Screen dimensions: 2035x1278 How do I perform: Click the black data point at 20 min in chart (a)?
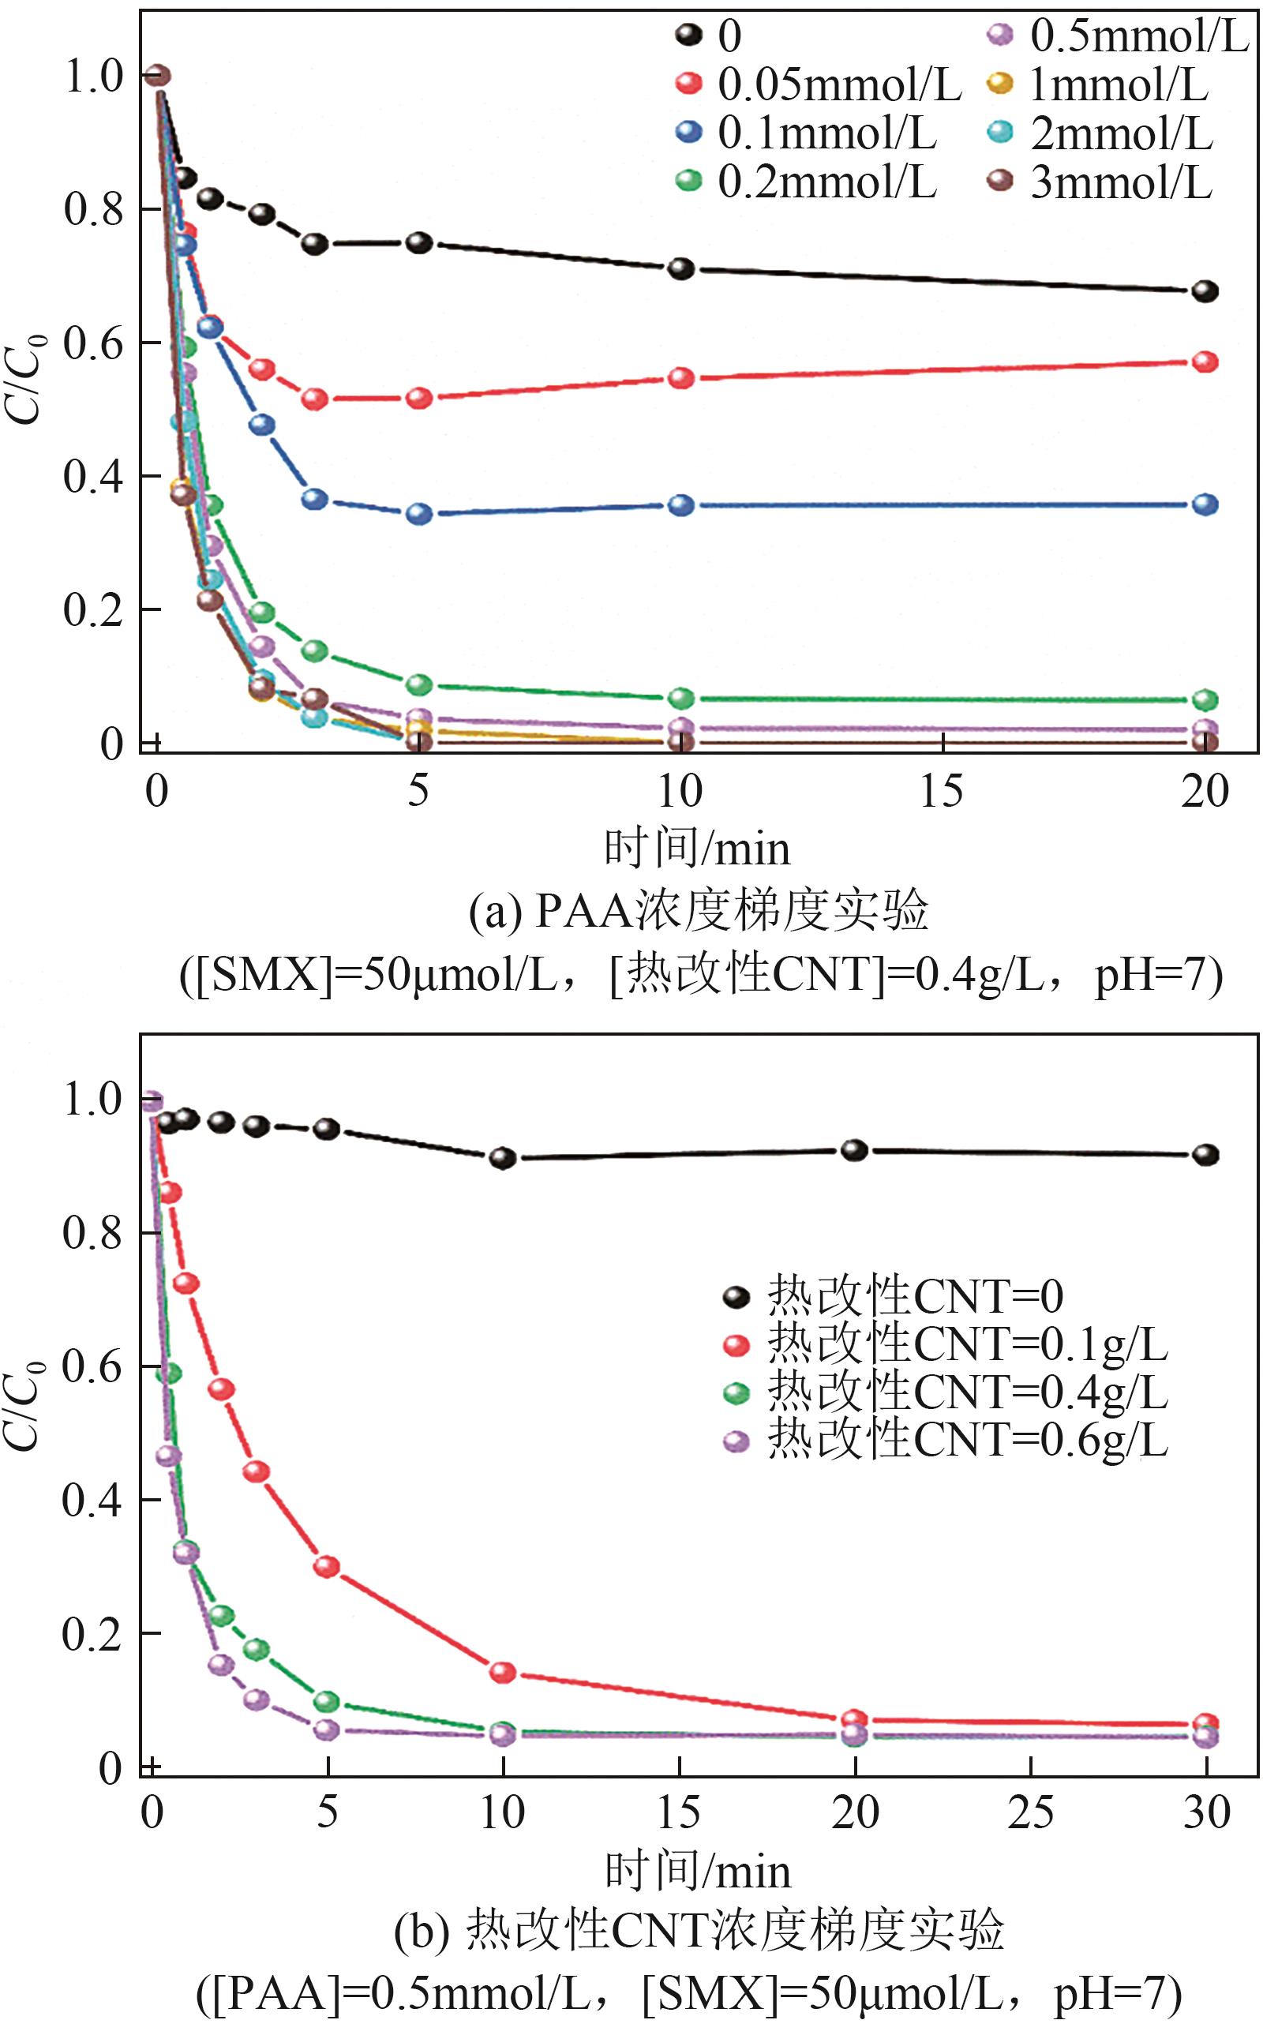pos(1205,291)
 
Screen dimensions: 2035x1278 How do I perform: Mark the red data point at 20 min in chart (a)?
pos(1205,362)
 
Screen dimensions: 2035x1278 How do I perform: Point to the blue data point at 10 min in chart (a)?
pos(681,505)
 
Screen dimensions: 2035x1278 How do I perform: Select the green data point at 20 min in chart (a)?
pos(1205,699)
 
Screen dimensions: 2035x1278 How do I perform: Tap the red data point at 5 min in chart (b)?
pos(327,1567)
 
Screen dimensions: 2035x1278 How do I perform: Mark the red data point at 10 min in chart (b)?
pos(503,1673)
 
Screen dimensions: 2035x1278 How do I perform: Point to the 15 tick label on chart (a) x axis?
pos(942,792)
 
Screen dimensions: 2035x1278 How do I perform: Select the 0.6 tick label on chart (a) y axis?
pos(93,344)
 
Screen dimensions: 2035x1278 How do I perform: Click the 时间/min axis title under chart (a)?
pos(696,849)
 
